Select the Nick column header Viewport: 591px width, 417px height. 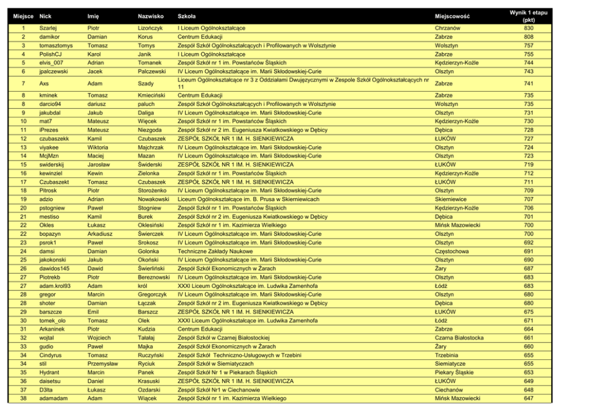[45, 16]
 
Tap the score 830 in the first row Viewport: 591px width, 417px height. [528, 28]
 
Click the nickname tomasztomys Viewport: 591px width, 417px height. [55, 45]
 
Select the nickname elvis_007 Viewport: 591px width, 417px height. [51, 62]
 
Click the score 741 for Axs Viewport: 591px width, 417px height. [528, 84]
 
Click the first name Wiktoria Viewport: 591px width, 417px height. [98, 147]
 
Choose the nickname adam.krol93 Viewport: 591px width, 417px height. [55, 286]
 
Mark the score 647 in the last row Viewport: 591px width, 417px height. [528, 399]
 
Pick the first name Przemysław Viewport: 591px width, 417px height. [104, 363]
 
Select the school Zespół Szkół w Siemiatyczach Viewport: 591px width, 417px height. [216, 363]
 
